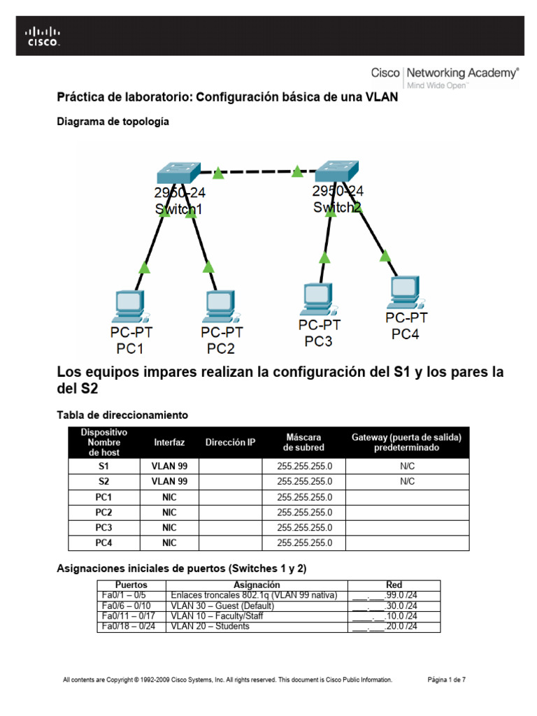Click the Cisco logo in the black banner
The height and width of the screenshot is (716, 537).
tap(43, 36)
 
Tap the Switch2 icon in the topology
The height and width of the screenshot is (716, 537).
tap(336, 170)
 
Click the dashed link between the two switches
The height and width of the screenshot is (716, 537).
tap(257, 171)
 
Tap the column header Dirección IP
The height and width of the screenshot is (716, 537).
tap(231, 443)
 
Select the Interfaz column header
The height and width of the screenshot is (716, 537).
tap(169, 443)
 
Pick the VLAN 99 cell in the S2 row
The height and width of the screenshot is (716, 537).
tap(169, 481)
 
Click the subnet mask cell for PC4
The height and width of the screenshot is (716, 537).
tap(304, 543)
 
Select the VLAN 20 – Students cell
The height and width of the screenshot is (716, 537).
tap(210, 626)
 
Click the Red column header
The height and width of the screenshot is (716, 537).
tap(394, 585)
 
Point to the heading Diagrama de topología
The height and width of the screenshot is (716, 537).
tap(113, 121)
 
